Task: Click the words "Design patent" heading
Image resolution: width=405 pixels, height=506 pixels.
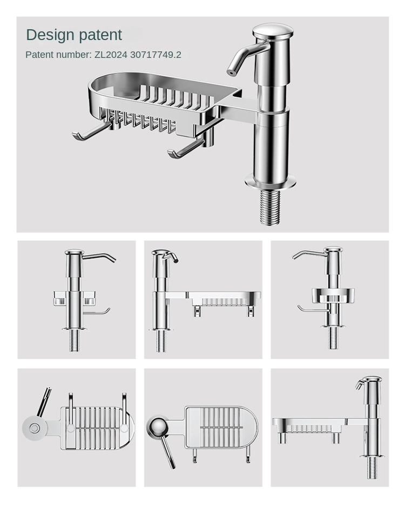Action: [74, 35]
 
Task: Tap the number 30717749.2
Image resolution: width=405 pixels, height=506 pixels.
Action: [156, 55]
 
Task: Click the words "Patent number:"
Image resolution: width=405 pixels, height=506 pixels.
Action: [58, 55]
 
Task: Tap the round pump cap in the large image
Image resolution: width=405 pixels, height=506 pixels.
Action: [272, 30]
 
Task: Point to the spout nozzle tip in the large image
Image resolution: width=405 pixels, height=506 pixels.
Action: [231, 71]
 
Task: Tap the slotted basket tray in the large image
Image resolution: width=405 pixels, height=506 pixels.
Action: [157, 103]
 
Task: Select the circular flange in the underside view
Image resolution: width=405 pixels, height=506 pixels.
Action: [35, 429]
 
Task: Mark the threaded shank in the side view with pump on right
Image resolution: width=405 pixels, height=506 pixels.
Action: [372, 468]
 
